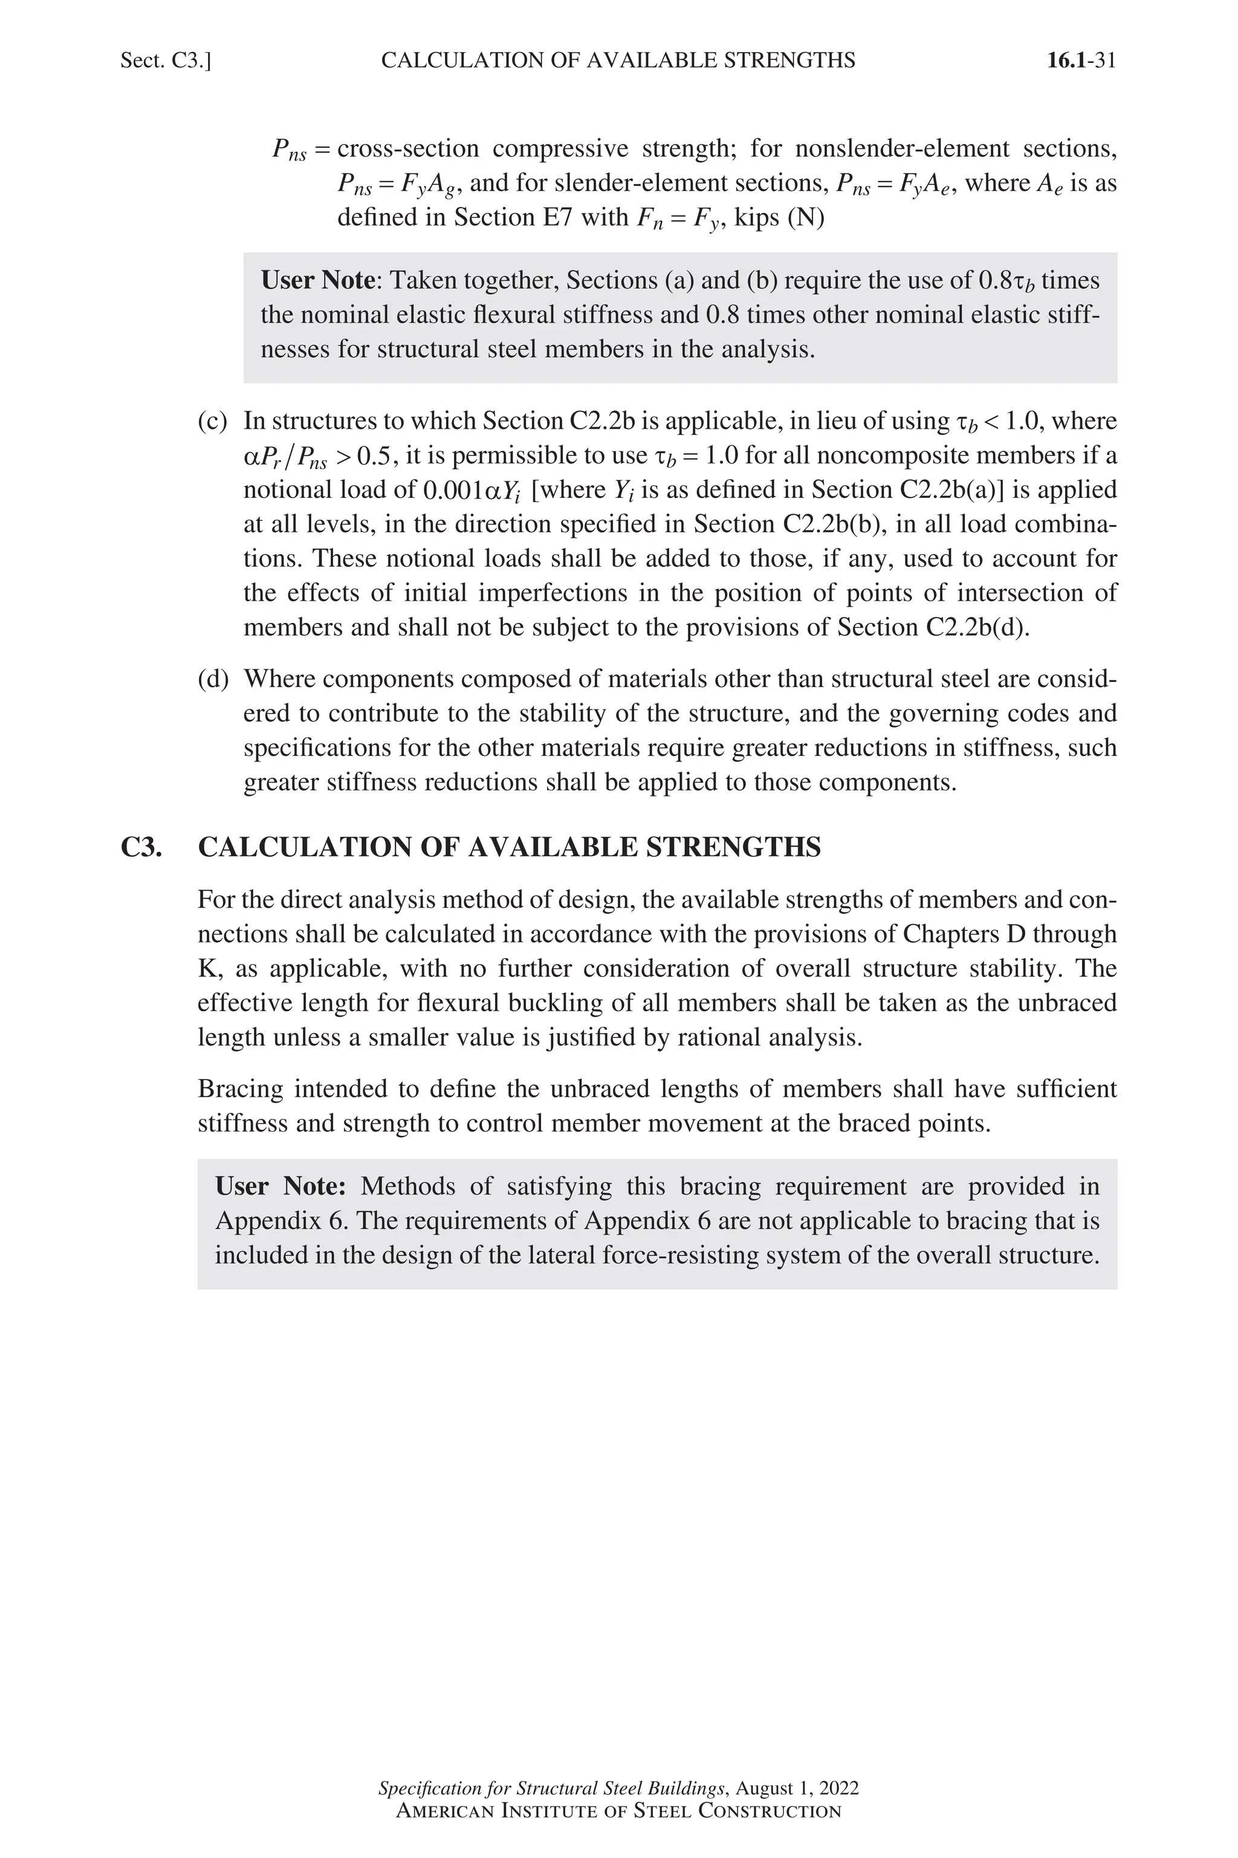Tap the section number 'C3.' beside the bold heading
pyautogui.click(x=141, y=847)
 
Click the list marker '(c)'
pyautogui.click(x=212, y=421)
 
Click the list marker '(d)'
pyautogui.click(x=212, y=679)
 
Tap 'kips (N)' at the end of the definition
pyautogui.click(x=779, y=217)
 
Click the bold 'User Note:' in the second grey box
pyautogui.click(x=280, y=1187)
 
